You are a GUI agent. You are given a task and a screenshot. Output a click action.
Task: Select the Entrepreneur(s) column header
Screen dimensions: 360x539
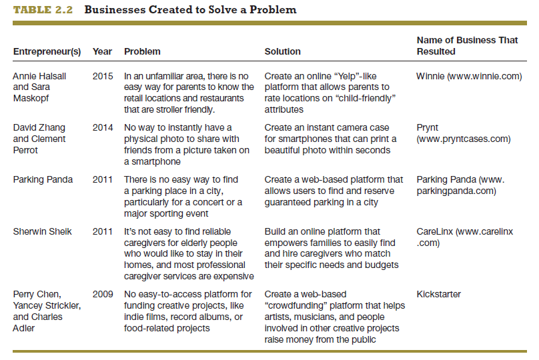click(47, 51)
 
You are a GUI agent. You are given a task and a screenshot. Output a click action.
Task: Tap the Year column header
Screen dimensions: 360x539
click(102, 51)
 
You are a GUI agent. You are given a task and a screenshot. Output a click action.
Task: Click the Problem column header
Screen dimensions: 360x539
click(142, 51)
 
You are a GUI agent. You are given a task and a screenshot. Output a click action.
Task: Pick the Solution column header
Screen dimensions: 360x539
click(282, 51)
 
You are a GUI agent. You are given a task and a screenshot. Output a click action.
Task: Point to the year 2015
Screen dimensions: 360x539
click(103, 77)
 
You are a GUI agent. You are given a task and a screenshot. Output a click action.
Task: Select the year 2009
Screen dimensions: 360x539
click(103, 294)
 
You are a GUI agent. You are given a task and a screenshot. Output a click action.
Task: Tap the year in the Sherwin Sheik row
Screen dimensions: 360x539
click(103, 231)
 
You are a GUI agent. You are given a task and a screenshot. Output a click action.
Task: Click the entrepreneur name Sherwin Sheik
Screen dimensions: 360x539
click(42, 231)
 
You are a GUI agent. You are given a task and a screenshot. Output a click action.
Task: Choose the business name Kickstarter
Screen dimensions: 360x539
click(438, 294)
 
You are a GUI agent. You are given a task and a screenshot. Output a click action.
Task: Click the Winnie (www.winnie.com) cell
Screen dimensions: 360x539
click(468, 77)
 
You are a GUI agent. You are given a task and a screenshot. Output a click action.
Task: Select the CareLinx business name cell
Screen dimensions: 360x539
click(464, 237)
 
